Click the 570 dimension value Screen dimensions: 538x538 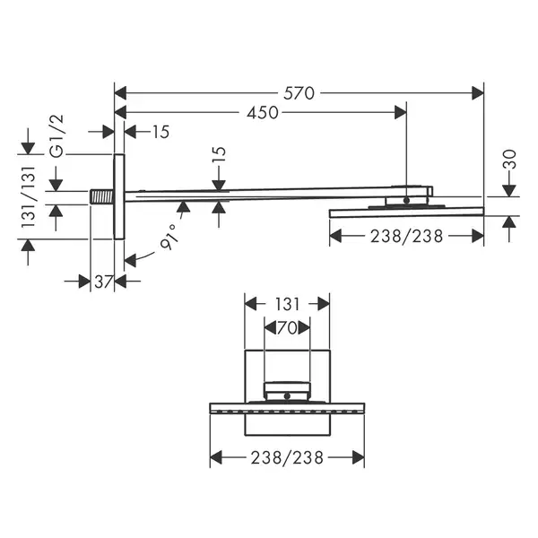299,93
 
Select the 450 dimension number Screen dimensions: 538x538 263,113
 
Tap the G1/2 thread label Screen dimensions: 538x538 57,136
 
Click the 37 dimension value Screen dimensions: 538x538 103,282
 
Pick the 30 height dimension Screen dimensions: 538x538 509,160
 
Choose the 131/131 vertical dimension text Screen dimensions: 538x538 28,197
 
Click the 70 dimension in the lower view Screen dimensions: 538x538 287,328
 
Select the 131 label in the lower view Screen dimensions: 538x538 287,304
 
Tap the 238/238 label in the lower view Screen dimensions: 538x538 287,457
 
